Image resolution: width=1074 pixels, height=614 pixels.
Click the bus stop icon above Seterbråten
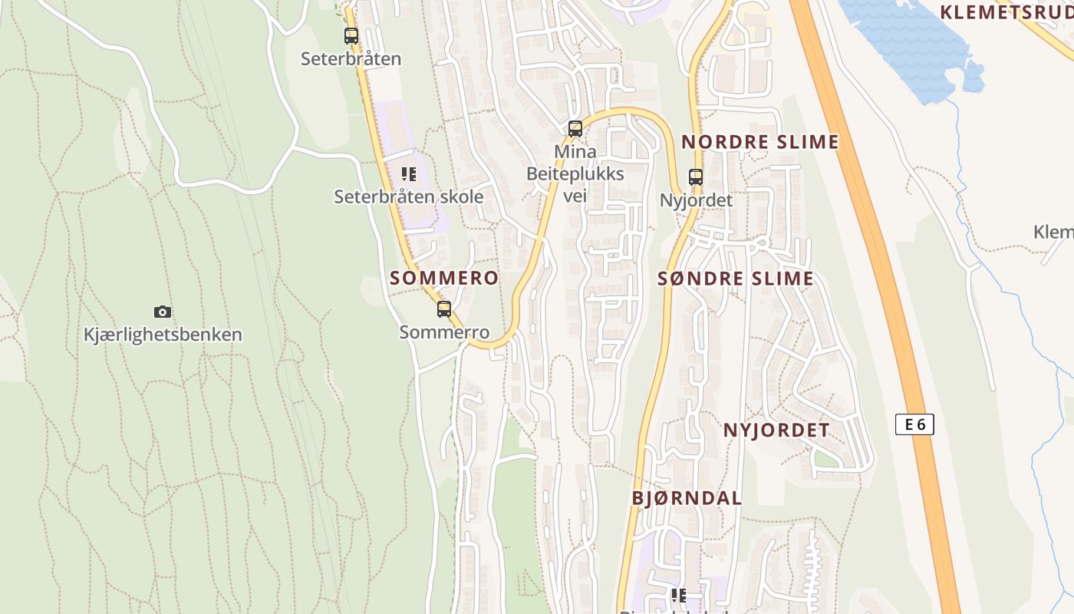point(351,35)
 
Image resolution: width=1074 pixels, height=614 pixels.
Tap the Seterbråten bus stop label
point(351,58)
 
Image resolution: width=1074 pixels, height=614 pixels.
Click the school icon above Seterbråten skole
point(409,174)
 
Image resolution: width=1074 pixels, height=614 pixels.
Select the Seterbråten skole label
point(409,196)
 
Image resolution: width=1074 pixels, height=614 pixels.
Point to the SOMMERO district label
point(444,278)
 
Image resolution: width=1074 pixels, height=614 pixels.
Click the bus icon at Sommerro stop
point(444,309)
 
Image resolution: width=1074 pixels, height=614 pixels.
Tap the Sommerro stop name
point(444,332)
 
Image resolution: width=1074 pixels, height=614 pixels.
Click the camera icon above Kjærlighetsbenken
point(163,312)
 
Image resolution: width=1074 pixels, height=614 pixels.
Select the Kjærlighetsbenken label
point(163,335)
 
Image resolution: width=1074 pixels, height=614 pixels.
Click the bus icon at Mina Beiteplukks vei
point(575,129)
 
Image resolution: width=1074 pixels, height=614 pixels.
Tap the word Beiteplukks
point(575,174)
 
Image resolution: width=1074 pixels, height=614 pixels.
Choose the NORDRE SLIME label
point(760,142)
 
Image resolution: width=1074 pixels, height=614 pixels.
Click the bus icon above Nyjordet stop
point(696,177)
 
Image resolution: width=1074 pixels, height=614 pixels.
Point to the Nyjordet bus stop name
point(696,200)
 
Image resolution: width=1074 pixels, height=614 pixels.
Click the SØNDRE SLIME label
point(736,279)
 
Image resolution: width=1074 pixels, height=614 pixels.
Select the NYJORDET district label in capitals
point(776,430)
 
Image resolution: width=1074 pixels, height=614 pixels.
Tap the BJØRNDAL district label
point(687,497)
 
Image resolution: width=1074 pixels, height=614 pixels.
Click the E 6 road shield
point(914,424)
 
